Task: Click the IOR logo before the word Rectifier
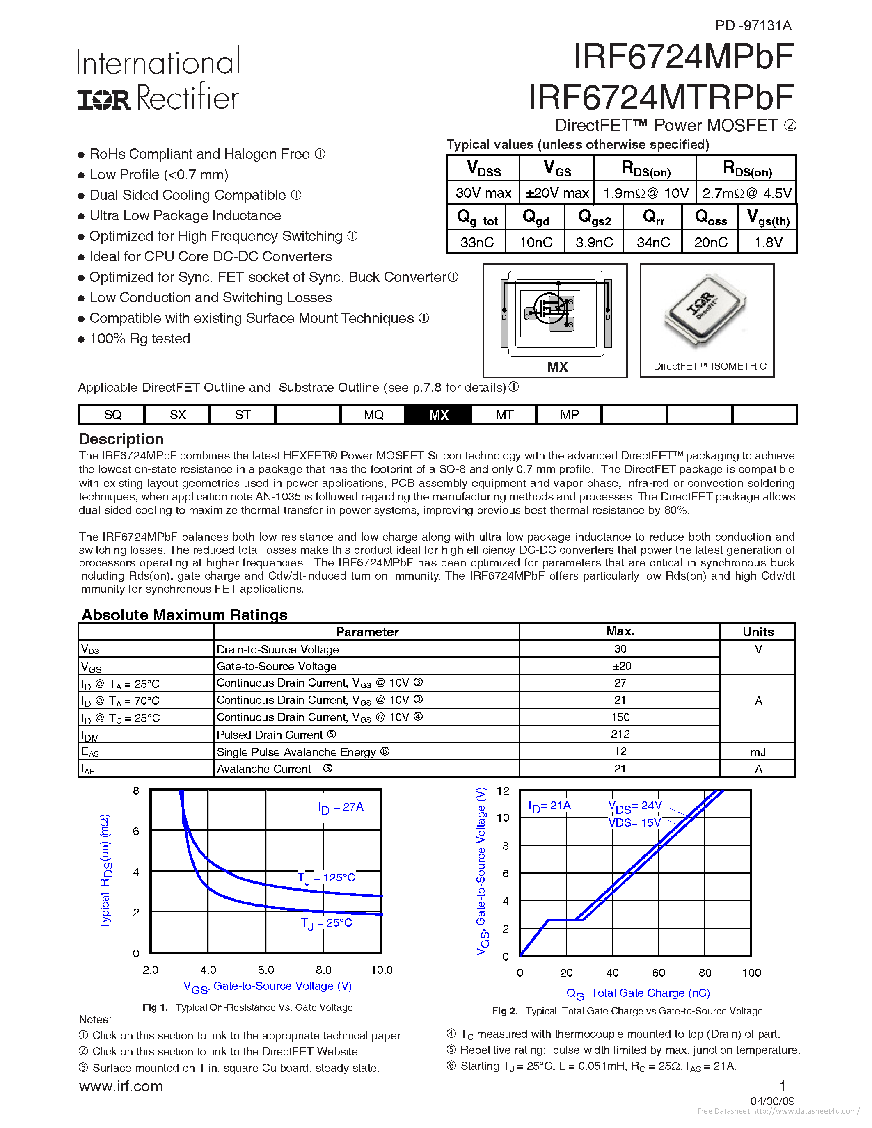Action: click(103, 100)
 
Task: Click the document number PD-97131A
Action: click(753, 25)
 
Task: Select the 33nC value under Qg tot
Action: click(477, 242)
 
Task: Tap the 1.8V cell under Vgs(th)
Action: click(768, 242)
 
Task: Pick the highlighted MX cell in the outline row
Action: click(439, 415)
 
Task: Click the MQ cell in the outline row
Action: click(373, 415)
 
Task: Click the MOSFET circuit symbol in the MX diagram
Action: click(549, 309)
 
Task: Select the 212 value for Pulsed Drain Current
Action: click(620, 734)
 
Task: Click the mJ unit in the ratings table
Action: click(758, 752)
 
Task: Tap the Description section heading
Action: click(121, 439)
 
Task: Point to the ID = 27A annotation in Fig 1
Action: click(341, 807)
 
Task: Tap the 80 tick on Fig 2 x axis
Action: click(705, 973)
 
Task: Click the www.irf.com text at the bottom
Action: click(121, 1087)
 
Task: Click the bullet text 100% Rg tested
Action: click(140, 339)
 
